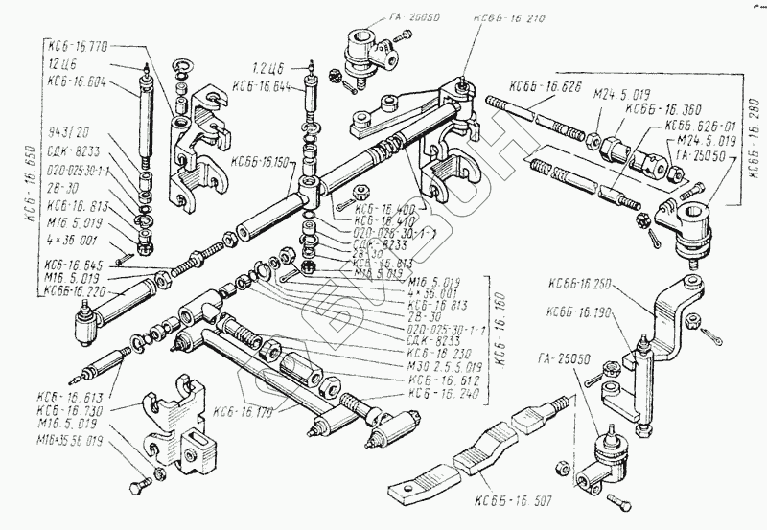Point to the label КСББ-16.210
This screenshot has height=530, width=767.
pyautogui.click(x=509, y=18)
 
